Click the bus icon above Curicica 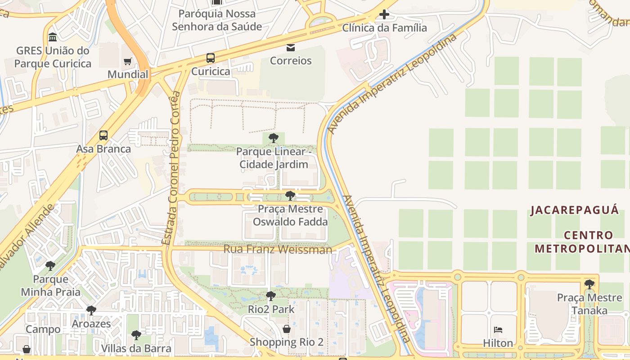211,58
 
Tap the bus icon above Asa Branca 103,135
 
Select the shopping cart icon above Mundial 128,61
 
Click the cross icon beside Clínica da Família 384,14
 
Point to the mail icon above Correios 291,47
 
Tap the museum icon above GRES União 53,37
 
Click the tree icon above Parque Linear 273,138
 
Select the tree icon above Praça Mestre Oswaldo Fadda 290,196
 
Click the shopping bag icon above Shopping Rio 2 287,329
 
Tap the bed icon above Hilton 498,330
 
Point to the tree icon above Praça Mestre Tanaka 589,284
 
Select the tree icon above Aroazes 91,310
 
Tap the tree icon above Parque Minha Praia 50,266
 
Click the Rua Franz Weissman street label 278,249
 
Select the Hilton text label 498,343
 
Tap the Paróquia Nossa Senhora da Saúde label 217,20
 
